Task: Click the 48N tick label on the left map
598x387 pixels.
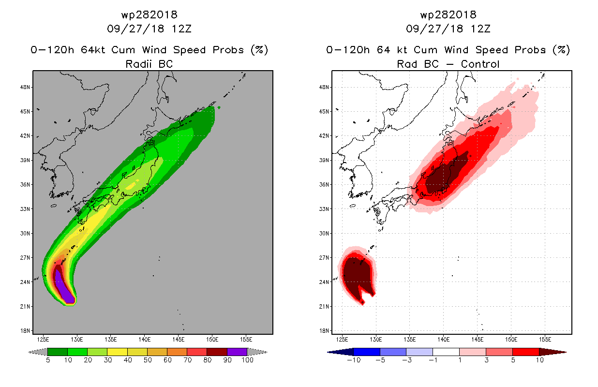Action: tap(25, 87)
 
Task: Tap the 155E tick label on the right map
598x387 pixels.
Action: tap(545, 340)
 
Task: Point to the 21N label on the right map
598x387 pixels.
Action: tap(324, 306)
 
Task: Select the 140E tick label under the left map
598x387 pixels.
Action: tap(145, 340)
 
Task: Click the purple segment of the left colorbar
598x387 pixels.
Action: tap(237, 352)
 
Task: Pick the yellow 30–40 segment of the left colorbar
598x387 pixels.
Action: tap(118, 352)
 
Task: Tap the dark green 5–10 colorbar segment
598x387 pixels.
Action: tap(58, 352)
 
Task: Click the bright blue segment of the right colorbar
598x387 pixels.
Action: tap(367, 352)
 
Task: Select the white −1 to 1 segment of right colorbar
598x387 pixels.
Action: tap(446, 352)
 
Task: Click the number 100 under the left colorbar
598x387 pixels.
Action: tap(247, 360)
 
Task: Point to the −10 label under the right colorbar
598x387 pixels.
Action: tap(354, 360)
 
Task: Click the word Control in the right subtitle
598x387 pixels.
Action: tap(480, 64)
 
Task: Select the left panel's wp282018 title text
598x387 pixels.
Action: tap(149, 15)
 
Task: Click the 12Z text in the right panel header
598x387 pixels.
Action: tap(480, 29)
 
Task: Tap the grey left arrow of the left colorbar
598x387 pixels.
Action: tap(38, 352)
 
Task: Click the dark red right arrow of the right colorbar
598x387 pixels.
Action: tap(553, 352)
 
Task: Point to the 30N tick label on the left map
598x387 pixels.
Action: tap(25, 233)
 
